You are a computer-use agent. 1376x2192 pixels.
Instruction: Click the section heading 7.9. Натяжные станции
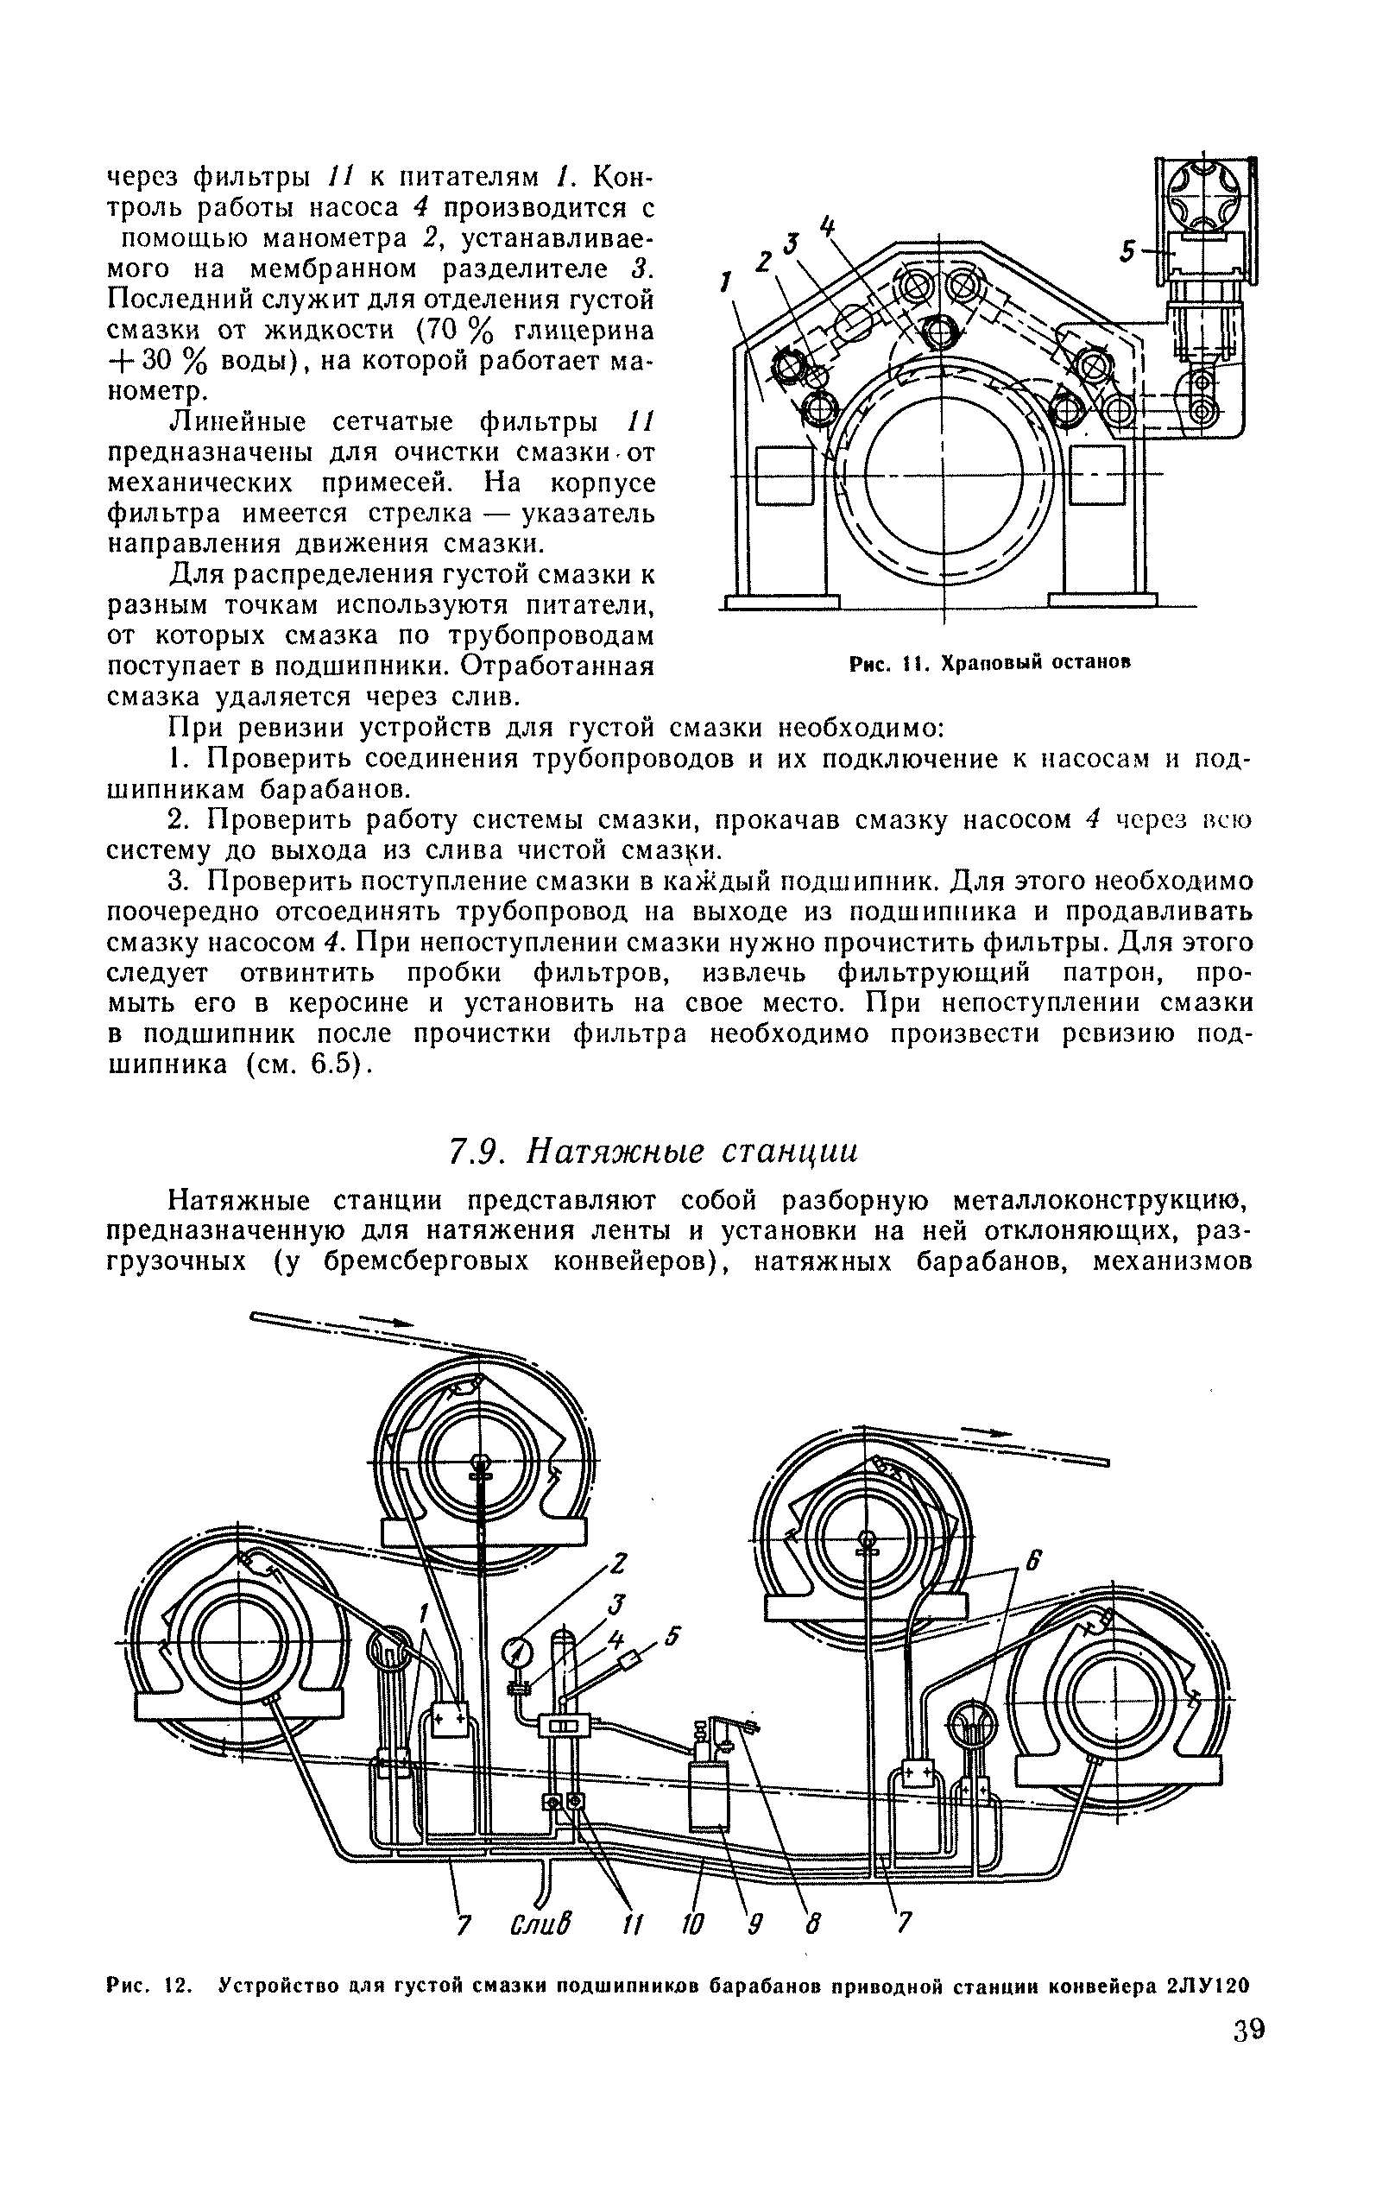point(653,1151)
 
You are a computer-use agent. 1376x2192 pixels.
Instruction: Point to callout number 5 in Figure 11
point(1127,252)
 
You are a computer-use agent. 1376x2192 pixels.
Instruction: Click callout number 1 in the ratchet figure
point(725,284)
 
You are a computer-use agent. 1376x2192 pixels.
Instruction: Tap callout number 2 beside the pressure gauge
point(618,1563)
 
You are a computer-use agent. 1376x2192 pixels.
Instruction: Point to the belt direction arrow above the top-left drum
point(387,1320)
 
